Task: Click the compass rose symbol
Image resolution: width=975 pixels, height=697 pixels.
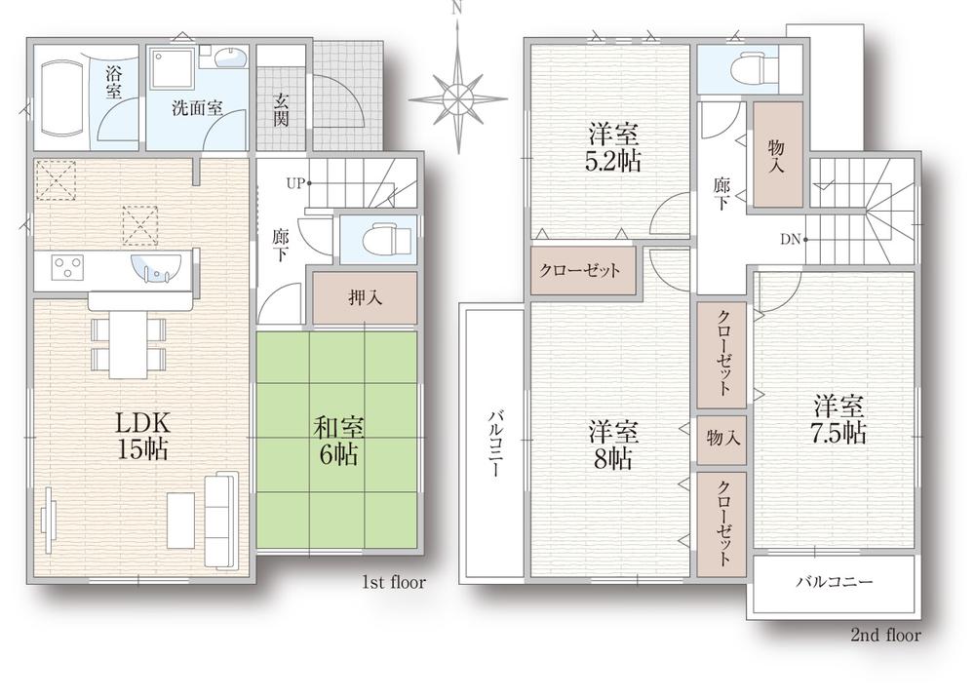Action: (x=456, y=98)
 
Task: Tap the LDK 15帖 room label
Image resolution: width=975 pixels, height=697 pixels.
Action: (x=143, y=436)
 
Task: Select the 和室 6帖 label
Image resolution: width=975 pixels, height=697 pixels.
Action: (x=336, y=441)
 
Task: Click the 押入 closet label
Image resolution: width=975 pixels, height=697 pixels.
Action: (x=365, y=298)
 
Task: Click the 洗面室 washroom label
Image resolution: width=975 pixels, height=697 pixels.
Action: (x=198, y=107)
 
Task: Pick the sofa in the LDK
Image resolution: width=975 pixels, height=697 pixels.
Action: (x=223, y=520)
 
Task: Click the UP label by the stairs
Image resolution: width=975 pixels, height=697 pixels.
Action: (x=294, y=182)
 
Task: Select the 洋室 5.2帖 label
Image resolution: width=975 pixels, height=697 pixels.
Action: (x=613, y=147)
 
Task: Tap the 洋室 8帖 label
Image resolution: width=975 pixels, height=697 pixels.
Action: (x=613, y=445)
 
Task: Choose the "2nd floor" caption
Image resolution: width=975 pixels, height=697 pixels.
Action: (x=885, y=636)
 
